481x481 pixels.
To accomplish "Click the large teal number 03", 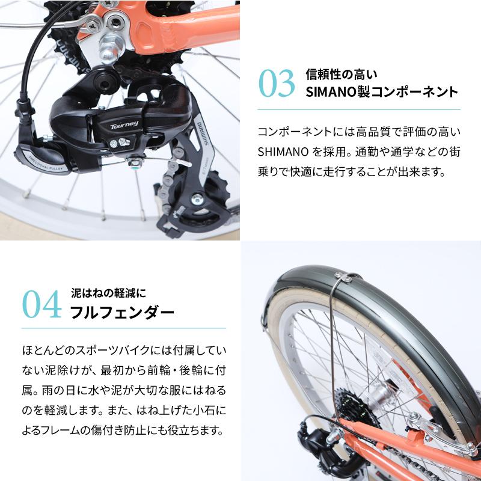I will pyautogui.click(x=277, y=84).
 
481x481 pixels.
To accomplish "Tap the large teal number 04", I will pyautogui.click(x=42, y=305).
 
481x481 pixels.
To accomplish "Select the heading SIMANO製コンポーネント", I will pyautogui.click(x=382, y=92).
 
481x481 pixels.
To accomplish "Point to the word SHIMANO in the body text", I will pyautogui.click(x=282, y=152).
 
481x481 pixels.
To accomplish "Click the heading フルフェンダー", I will pyautogui.click(x=122, y=313).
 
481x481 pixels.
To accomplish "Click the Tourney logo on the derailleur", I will pyautogui.click(x=124, y=124).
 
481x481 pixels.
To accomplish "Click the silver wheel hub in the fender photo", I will pyautogui.click(x=381, y=394).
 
